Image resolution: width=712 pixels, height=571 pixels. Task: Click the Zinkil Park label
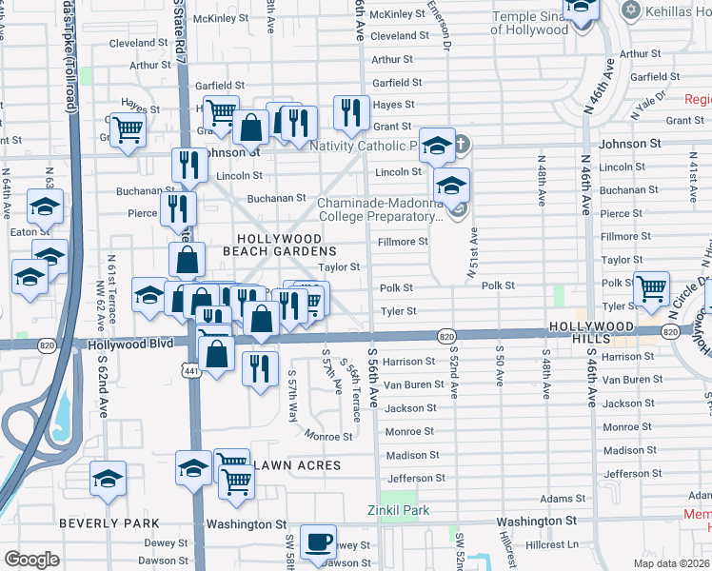click(x=399, y=510)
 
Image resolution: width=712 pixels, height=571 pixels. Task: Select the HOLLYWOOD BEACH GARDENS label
click(x=278, y=244)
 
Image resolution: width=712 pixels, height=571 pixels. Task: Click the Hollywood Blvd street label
click(x=131, y=344)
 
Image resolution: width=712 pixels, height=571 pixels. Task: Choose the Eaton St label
click(x=31, y=231)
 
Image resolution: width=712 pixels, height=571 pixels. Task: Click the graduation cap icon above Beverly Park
click(x=109, y=477)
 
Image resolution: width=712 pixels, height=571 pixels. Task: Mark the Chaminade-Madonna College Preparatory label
click(x=381, y=209)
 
